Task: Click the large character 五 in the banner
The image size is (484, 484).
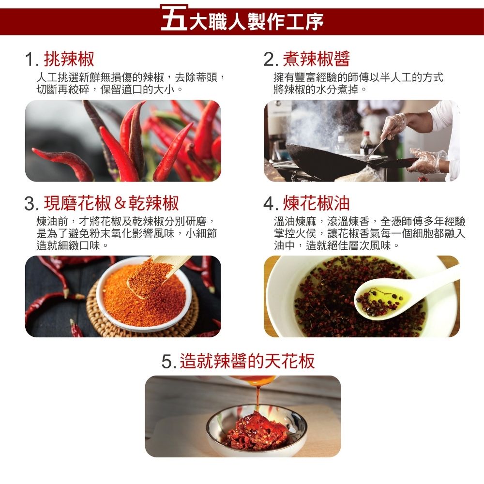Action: [174, 18]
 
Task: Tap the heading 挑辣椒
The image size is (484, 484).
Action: [69, 59]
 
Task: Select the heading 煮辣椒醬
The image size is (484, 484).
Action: [317, 59]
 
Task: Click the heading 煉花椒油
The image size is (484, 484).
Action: [317, 203]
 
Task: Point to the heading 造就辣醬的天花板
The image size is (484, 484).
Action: [247, 361]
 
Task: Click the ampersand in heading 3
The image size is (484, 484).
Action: [120, 203]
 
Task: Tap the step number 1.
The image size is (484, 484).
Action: [30, 59]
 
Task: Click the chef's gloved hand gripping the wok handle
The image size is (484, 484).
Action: [427, 161]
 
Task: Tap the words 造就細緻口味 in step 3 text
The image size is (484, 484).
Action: [68, 246]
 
